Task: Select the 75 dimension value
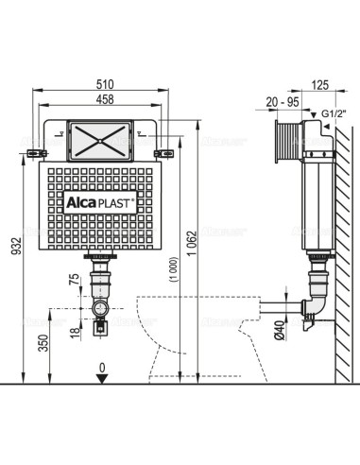(72, 281)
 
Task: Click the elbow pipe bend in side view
(312, 310)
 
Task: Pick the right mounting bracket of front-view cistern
(164, 148)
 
